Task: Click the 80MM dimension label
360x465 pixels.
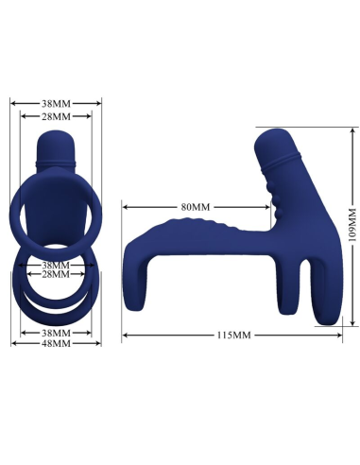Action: coord(194,206)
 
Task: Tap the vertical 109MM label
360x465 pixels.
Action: coord(351,227)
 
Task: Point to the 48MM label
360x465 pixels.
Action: coord(57,343)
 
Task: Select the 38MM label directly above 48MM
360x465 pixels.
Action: coord(57,333)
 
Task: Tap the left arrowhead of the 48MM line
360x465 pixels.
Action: coord(13,343)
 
